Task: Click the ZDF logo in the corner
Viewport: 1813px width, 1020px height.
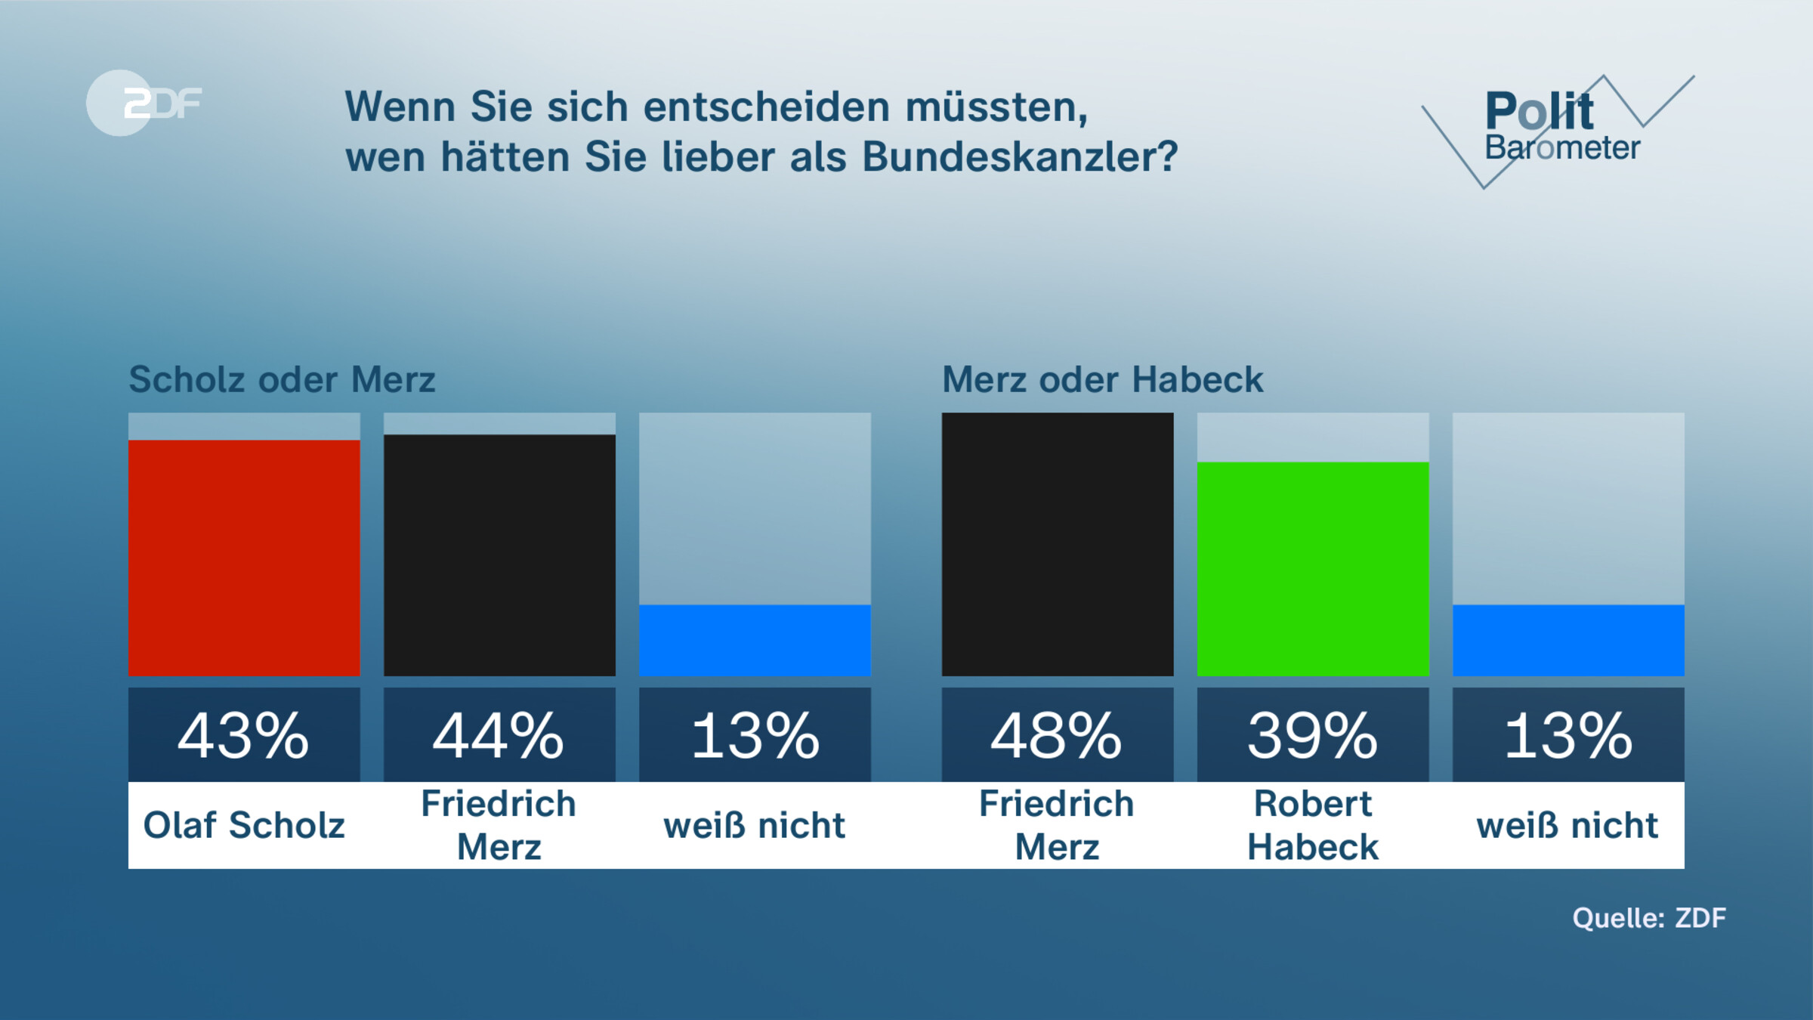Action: [144, 103]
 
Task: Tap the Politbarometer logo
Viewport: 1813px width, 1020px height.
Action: [1556, 128]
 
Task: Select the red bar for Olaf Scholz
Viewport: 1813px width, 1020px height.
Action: [244, 558]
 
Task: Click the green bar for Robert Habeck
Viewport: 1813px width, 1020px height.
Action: [1313, 568]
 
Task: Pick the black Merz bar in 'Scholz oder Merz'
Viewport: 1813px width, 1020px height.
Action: [499, 555]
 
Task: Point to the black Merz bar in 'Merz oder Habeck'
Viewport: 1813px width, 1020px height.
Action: [1058, 544]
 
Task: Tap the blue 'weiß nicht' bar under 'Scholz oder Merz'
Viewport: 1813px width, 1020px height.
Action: [755, 640]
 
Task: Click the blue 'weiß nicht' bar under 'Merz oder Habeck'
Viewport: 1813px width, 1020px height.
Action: [1568, 640]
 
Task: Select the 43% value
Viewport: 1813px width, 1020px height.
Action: [244, 735]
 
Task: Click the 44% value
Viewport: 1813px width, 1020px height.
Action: [499, 735]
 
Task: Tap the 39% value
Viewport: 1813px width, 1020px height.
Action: [1313, 735]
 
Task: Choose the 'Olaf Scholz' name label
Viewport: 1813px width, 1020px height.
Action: [244, 825]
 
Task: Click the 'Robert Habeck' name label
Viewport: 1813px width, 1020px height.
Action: [1313, 825]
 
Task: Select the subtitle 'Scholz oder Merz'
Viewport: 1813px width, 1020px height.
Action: [282, 379]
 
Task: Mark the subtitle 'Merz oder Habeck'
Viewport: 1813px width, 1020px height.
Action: [1102, 379]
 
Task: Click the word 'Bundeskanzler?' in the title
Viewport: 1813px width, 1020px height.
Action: [1020, 157]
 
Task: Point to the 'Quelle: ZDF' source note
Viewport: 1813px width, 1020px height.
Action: [1649, 918]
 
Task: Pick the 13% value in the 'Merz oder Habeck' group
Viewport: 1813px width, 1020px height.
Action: [1568, 735]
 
